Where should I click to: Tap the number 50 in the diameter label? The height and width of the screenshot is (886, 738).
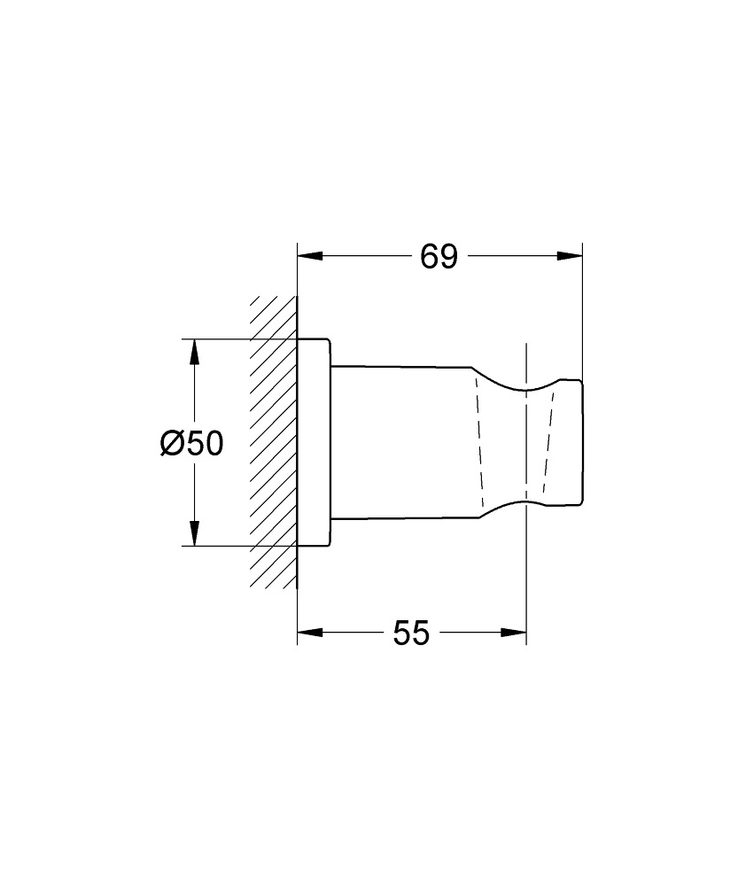tap(204, 442)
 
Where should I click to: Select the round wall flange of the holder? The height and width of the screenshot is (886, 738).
tap(314, 443)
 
